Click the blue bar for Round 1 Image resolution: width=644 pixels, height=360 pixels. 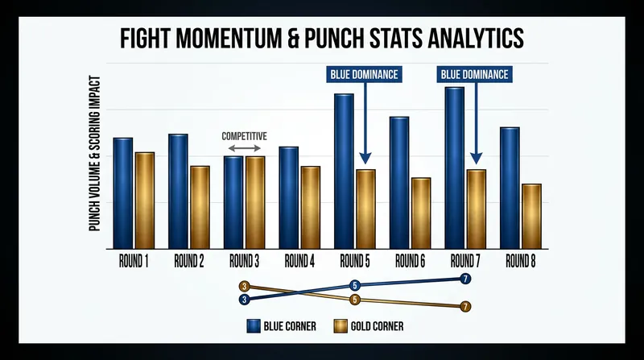[123, 193]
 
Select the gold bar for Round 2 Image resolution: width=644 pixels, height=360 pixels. [200, 208]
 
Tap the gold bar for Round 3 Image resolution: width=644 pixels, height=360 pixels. [255, 203]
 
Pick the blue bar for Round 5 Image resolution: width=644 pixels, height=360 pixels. [344, 172]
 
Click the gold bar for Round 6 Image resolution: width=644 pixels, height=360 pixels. [421, 213]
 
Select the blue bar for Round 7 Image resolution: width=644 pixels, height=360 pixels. [454, 168]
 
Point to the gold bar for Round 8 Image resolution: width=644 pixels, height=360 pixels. [531, 217]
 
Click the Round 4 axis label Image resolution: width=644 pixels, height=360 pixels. [299, 261]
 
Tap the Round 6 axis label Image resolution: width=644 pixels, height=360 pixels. [411, 261]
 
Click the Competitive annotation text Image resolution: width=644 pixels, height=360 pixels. [245, 136]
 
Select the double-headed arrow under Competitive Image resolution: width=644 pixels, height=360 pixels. [245, 148]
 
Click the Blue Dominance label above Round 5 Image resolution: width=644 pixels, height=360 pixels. [365, 74]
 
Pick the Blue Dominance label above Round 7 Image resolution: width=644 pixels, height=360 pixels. [475, 74]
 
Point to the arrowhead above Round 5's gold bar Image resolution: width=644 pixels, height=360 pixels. [365, 159]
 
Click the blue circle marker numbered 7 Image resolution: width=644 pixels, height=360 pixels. [465, 279]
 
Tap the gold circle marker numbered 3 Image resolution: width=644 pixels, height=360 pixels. [245, 287]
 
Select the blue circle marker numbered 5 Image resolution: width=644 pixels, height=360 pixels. [355, 285]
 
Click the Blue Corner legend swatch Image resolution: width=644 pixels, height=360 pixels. [254, 326]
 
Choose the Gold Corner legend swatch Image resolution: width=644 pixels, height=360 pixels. [341, 326]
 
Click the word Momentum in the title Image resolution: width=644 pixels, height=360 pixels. [229, 38]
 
